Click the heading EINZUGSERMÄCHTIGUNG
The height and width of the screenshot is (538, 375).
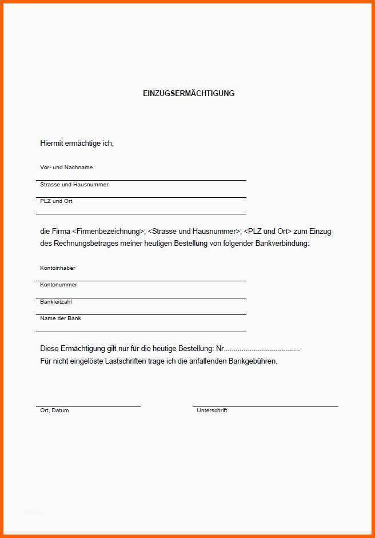point(189,93)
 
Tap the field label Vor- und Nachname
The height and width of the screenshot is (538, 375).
point(66,168)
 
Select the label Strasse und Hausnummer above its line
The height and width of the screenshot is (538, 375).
point(74,185)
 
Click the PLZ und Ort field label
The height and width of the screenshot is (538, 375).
point(56,201)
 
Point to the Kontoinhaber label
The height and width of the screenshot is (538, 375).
point(58,268)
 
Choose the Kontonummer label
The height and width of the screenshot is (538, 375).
point(58,285)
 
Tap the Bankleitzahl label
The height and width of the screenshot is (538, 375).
point(56,301)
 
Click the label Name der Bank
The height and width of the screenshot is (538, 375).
point(61,318)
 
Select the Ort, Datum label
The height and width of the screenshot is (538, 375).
point(54,411)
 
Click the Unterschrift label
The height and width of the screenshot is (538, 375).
point(212,411)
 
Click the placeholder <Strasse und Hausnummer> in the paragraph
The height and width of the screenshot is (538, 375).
point(194,232)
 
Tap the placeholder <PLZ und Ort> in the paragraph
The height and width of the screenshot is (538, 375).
point(268,232)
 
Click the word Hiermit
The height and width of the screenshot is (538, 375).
point(51,143)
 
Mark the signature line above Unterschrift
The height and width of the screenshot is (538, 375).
point(265,406)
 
